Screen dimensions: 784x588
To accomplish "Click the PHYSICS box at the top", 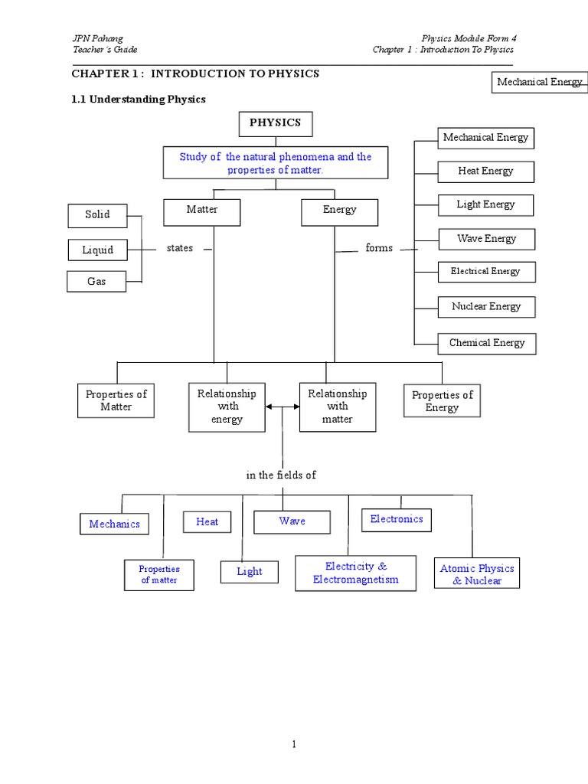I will point(275,123).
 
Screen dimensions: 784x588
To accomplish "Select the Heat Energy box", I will point(485,171).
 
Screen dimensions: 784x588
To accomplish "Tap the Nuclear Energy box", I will point(486,307).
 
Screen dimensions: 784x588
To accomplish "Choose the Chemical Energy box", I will point(487,344).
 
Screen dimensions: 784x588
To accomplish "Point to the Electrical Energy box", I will point(485,272).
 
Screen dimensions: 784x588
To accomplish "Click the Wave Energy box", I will point(486,239).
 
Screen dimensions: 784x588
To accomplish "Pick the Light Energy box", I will point(485,205).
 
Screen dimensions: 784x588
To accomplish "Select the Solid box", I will point(97,215).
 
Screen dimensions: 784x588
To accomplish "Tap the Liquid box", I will point(98,250).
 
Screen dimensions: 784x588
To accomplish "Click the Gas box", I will point(96,282).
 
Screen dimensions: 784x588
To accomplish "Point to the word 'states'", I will point(180,248).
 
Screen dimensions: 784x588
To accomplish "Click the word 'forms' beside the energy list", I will point(379,248).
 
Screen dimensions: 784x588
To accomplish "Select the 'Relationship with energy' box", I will point(227,407).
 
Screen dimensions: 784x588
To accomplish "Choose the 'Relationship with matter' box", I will point(337,407).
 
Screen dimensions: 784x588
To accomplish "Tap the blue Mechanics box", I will point(114,524).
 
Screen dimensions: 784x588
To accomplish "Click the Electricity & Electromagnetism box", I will point(355,573).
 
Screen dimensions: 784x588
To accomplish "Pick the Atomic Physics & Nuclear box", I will point(477,574).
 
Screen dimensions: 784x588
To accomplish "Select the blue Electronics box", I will point(397,520).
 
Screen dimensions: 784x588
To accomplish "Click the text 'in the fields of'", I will point(281,475).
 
